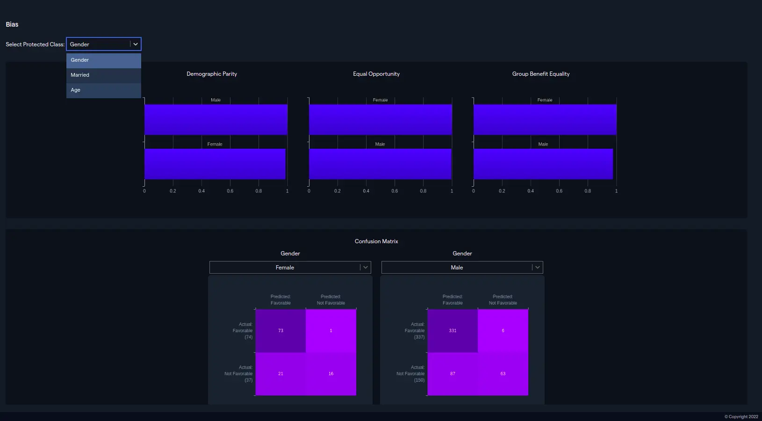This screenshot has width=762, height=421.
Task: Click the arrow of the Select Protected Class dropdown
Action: click(136, 44)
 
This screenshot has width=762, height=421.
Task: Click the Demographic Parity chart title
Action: click(212, 74)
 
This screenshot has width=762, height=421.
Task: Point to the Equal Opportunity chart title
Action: click(376, 74)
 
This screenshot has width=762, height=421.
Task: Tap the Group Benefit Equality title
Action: click(541, 74)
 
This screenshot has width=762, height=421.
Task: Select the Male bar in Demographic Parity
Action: click(216, 119)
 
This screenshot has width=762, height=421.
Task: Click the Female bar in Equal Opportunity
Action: click(380, 119)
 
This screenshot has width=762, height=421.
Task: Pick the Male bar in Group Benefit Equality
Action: click(543, 164)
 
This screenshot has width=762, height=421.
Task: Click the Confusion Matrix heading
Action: click(376, 241)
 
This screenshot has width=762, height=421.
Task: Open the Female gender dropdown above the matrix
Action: click(290, 268)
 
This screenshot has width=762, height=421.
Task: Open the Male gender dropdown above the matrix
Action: click(462, 268)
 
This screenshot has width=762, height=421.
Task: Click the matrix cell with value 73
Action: click(280, 331)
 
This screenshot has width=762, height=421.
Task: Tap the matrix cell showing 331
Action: click(453, 331)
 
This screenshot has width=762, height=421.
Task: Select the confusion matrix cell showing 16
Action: click(331, 374)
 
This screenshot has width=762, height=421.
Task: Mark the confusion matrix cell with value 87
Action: click(453, 374)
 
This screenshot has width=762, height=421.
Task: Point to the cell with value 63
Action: click(503, 374)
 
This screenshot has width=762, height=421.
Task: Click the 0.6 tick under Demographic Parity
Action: click(230, 191)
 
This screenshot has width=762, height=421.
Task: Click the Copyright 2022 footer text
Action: click(741, 417)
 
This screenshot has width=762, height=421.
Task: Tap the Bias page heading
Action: click(12, 24)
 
